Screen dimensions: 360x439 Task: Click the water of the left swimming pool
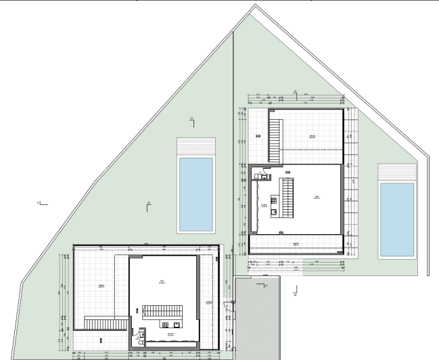[195, 193]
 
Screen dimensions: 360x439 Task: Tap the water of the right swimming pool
[396, 220]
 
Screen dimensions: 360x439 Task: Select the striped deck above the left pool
[195, 147]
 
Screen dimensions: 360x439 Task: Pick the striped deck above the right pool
[396, 172]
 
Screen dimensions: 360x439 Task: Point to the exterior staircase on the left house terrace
[101, 323]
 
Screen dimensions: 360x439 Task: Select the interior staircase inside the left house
[163, 311]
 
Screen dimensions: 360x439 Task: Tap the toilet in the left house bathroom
[141, 342]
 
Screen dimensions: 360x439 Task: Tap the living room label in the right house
[316, 198]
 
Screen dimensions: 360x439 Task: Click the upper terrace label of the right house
[313, 136]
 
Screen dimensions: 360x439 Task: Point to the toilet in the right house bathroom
[256, 176]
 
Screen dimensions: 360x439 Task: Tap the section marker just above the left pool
[192, 120]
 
